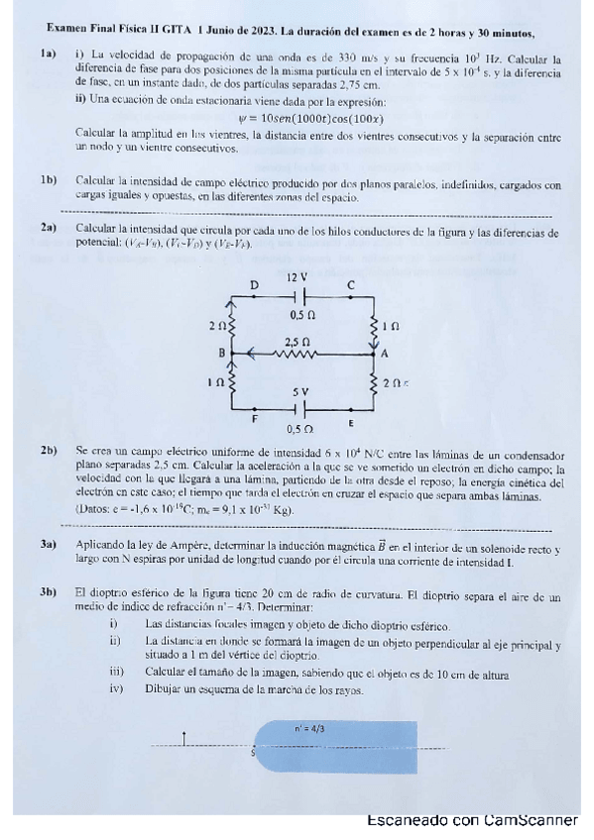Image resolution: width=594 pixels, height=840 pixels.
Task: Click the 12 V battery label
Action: pyautogui.click(x=297, y=278)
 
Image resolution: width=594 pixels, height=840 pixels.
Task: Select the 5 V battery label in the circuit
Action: pyautogui.click(x=299, y=392)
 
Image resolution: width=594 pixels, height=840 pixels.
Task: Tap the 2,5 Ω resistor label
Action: pyautogui.click(x=297, y=340)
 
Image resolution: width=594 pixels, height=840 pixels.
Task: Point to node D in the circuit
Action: pyautogui.click(x=254, y=285)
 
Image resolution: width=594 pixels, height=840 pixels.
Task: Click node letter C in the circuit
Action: pyautogui.click(x=350, y=285)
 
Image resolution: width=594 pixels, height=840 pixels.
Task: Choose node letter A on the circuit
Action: pyautogui.click(x=384, y=353)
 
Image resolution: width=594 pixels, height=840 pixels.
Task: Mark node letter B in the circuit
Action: pyautogui.click(x=221, y=353)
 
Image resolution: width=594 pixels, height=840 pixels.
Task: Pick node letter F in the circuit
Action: pyautogui.click(x=254, y=419)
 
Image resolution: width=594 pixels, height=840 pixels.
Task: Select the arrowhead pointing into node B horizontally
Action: pyautogui.click(x=254, y=351)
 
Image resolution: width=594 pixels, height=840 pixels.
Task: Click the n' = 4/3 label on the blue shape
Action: pyautogui.click(x=308, y=728)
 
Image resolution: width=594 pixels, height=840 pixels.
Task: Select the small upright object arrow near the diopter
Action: pyautogui.click(x=184, y=737)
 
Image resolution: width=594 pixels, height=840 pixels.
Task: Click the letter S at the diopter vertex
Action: pyautogui.click(x=253, y=753)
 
